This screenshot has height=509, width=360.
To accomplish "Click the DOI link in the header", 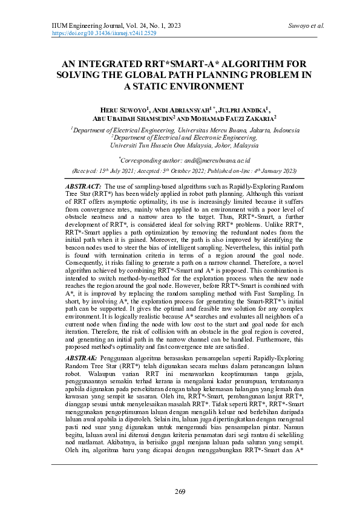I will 104,34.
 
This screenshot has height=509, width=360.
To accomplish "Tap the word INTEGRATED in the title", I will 114,63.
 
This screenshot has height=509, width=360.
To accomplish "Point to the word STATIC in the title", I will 160,86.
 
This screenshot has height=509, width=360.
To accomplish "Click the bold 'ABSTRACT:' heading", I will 83,187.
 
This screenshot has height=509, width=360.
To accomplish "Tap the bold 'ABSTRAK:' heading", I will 82,358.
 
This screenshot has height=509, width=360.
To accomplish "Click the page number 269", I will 180,490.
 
